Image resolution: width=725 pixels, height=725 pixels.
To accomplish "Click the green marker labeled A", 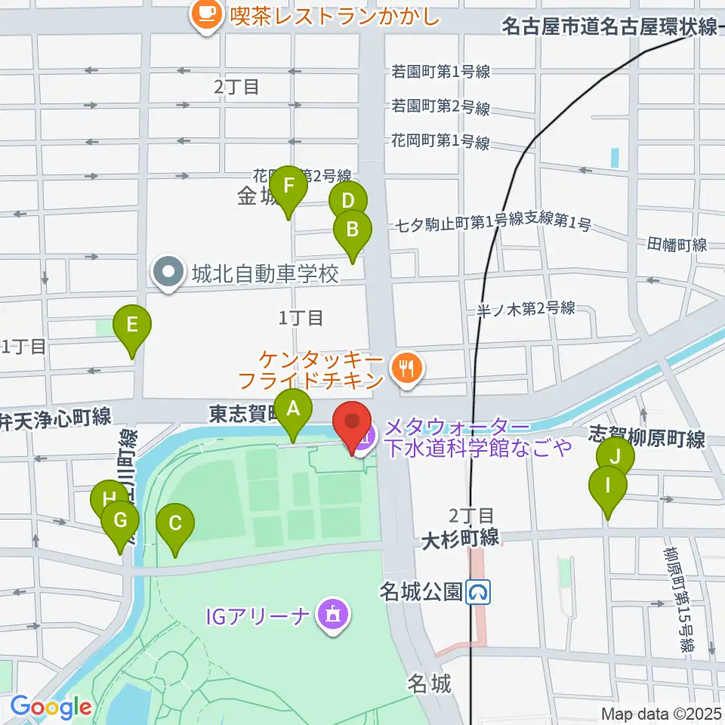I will coord(293,410).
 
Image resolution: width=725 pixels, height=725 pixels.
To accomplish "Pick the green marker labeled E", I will coord(132,327).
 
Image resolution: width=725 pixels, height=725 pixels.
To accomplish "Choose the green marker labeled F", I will coord(288,187).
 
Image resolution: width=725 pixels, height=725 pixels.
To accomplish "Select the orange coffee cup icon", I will coord(205,11).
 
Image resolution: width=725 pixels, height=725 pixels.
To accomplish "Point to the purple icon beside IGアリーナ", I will coord(332,615).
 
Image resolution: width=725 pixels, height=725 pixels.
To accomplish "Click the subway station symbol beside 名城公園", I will coord(478,592).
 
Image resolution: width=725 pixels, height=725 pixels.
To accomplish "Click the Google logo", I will coord(51,708).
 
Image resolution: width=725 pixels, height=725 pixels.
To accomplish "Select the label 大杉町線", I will coord(460,538).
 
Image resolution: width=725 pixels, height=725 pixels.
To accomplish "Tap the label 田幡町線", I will coord(677,244).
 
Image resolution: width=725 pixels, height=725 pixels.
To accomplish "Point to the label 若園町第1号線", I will coord(441,72).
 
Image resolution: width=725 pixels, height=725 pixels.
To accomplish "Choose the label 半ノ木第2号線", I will coord(526,308).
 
